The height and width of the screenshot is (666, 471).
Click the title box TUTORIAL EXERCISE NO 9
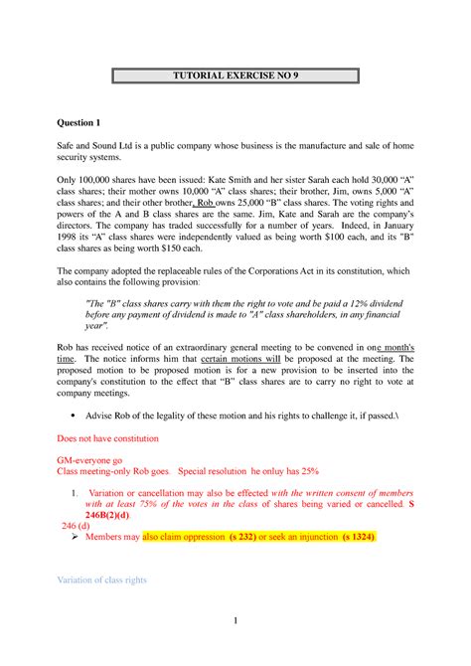(235, 76)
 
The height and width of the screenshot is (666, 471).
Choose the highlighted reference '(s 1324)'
(356, 536)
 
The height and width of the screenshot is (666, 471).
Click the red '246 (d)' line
(77, 525)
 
